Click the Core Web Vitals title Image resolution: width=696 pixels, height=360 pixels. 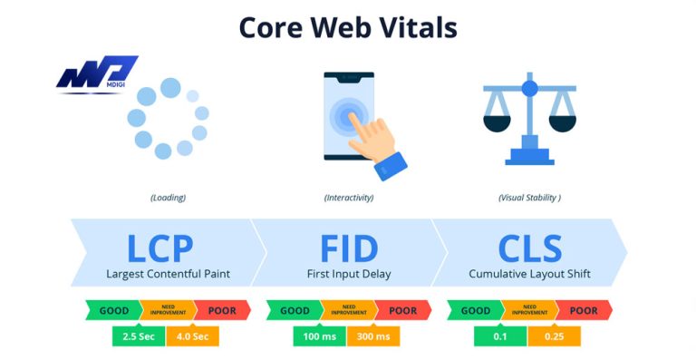pos(348,27)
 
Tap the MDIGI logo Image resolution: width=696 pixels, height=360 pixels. pos(96,74)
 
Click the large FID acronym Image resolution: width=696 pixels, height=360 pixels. pos(348,247)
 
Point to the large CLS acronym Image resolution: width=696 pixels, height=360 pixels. pos(530,247)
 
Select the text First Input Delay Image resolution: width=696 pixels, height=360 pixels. pos(348,273)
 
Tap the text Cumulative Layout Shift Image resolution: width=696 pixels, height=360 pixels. pos(530,273)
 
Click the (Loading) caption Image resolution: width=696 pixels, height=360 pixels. pos(168,197)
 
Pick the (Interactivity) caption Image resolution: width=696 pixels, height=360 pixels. pos(349,197)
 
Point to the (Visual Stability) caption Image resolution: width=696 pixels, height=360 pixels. pos(530,197)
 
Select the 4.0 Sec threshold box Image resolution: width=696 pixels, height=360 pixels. pos(192,337)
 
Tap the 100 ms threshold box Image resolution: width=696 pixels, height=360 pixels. pos(319,337)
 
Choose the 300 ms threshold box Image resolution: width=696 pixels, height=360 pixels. pos(373,337)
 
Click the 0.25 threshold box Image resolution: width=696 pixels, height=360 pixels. pos(555,337)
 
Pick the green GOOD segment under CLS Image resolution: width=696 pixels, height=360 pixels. pos(475,310)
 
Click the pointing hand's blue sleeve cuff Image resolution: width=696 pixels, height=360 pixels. pos(392,164)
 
